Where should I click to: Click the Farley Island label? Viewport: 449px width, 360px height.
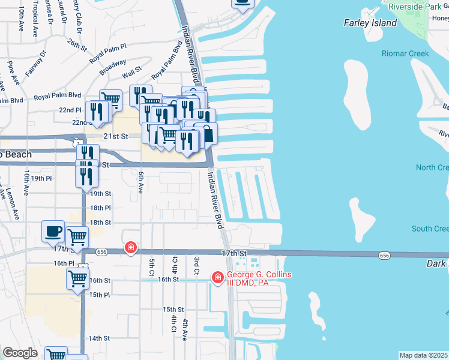click(x=370, y=23)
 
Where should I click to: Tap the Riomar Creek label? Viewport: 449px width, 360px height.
click(x=405, y=53)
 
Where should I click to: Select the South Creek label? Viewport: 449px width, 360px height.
click(x=430, y=229)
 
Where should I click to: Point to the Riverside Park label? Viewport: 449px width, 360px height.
click(x=414, y=7)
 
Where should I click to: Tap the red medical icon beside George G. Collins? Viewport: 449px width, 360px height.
click(x=217, y=277)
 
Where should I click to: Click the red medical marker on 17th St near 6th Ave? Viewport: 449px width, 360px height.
click(x=130, y=247)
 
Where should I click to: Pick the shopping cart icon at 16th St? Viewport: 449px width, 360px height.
click(x=78, y=278)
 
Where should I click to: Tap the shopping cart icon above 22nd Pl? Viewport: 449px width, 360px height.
click(x=111, y=99)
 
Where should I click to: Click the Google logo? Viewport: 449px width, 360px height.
click(x=20, y=352)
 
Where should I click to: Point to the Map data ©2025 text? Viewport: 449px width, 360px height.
click(x=423, y=355)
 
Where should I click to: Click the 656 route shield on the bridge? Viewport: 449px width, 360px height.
click(x=384, y=256)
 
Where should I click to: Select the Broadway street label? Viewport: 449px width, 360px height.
click(x=113, y=66)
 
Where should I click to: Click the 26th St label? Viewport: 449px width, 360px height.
click(x=77, y=44)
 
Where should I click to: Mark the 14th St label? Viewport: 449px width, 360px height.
click(x=100, y=338)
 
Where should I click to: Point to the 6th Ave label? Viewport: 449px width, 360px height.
click(x=140, y=182)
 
